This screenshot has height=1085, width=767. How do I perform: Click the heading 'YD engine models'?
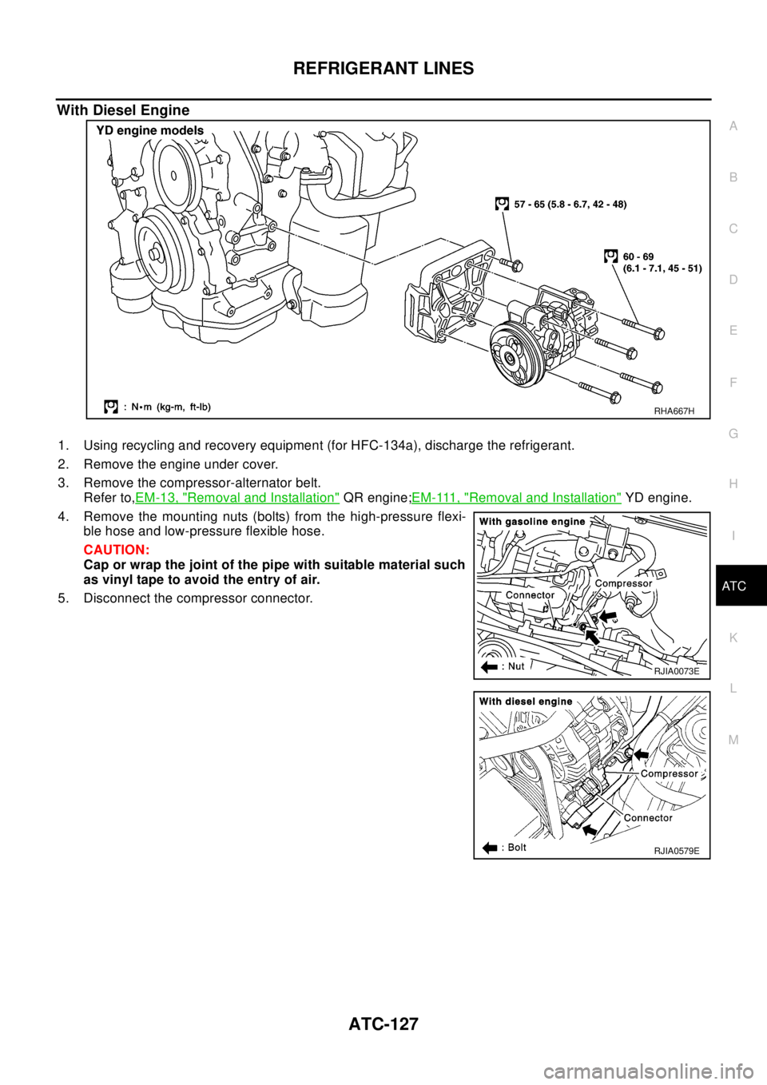(x=150, y=131)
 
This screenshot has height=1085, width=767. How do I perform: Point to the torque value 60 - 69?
(x=638, y=256)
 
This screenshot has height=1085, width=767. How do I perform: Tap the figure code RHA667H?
(x=674, y=411)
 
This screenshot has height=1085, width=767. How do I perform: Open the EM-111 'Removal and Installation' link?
(x=516, y=498)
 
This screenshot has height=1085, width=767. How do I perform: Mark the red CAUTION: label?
(x=116, y=551)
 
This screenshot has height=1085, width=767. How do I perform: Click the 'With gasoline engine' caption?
(x=532, y=522)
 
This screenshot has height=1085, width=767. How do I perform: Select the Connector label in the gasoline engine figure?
(x=530, y=595)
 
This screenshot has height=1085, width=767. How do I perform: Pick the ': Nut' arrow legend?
(x=503, y=666)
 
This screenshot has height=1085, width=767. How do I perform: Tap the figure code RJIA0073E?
(x=676, y=671)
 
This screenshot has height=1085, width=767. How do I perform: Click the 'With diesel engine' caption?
(x=526, y=701)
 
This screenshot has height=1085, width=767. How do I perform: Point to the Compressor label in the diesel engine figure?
(x=669, y=773)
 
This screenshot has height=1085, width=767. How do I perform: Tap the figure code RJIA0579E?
(x=676, y=851)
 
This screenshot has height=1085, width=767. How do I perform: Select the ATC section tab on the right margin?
(x=733, y=586)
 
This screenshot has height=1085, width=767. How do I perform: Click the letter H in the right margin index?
(x=733, y=484)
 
